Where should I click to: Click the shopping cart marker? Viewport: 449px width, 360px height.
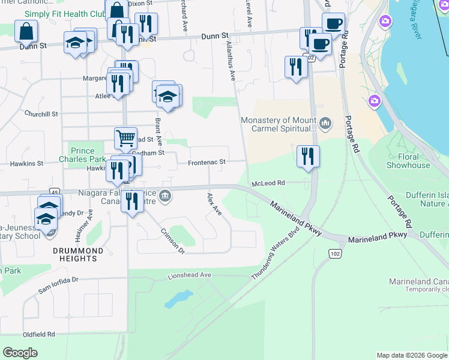coord(125,138)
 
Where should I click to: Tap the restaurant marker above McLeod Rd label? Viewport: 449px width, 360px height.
coord(308,157)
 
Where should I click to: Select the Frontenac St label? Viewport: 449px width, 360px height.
coord(206,163)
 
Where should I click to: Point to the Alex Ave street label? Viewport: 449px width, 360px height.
coord(214,205)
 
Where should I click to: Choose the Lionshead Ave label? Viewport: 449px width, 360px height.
coord(190,275)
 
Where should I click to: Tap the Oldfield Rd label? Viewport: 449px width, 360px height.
coord(39,334)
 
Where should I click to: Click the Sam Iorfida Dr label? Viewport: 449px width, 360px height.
coord(59,284)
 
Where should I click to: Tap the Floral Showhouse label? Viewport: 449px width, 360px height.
coord(408,161)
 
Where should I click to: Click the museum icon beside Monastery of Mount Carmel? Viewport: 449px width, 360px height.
coord(325,124)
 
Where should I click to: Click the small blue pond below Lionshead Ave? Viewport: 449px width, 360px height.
coord(178,298)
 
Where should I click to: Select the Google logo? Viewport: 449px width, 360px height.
coord(20,353)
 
